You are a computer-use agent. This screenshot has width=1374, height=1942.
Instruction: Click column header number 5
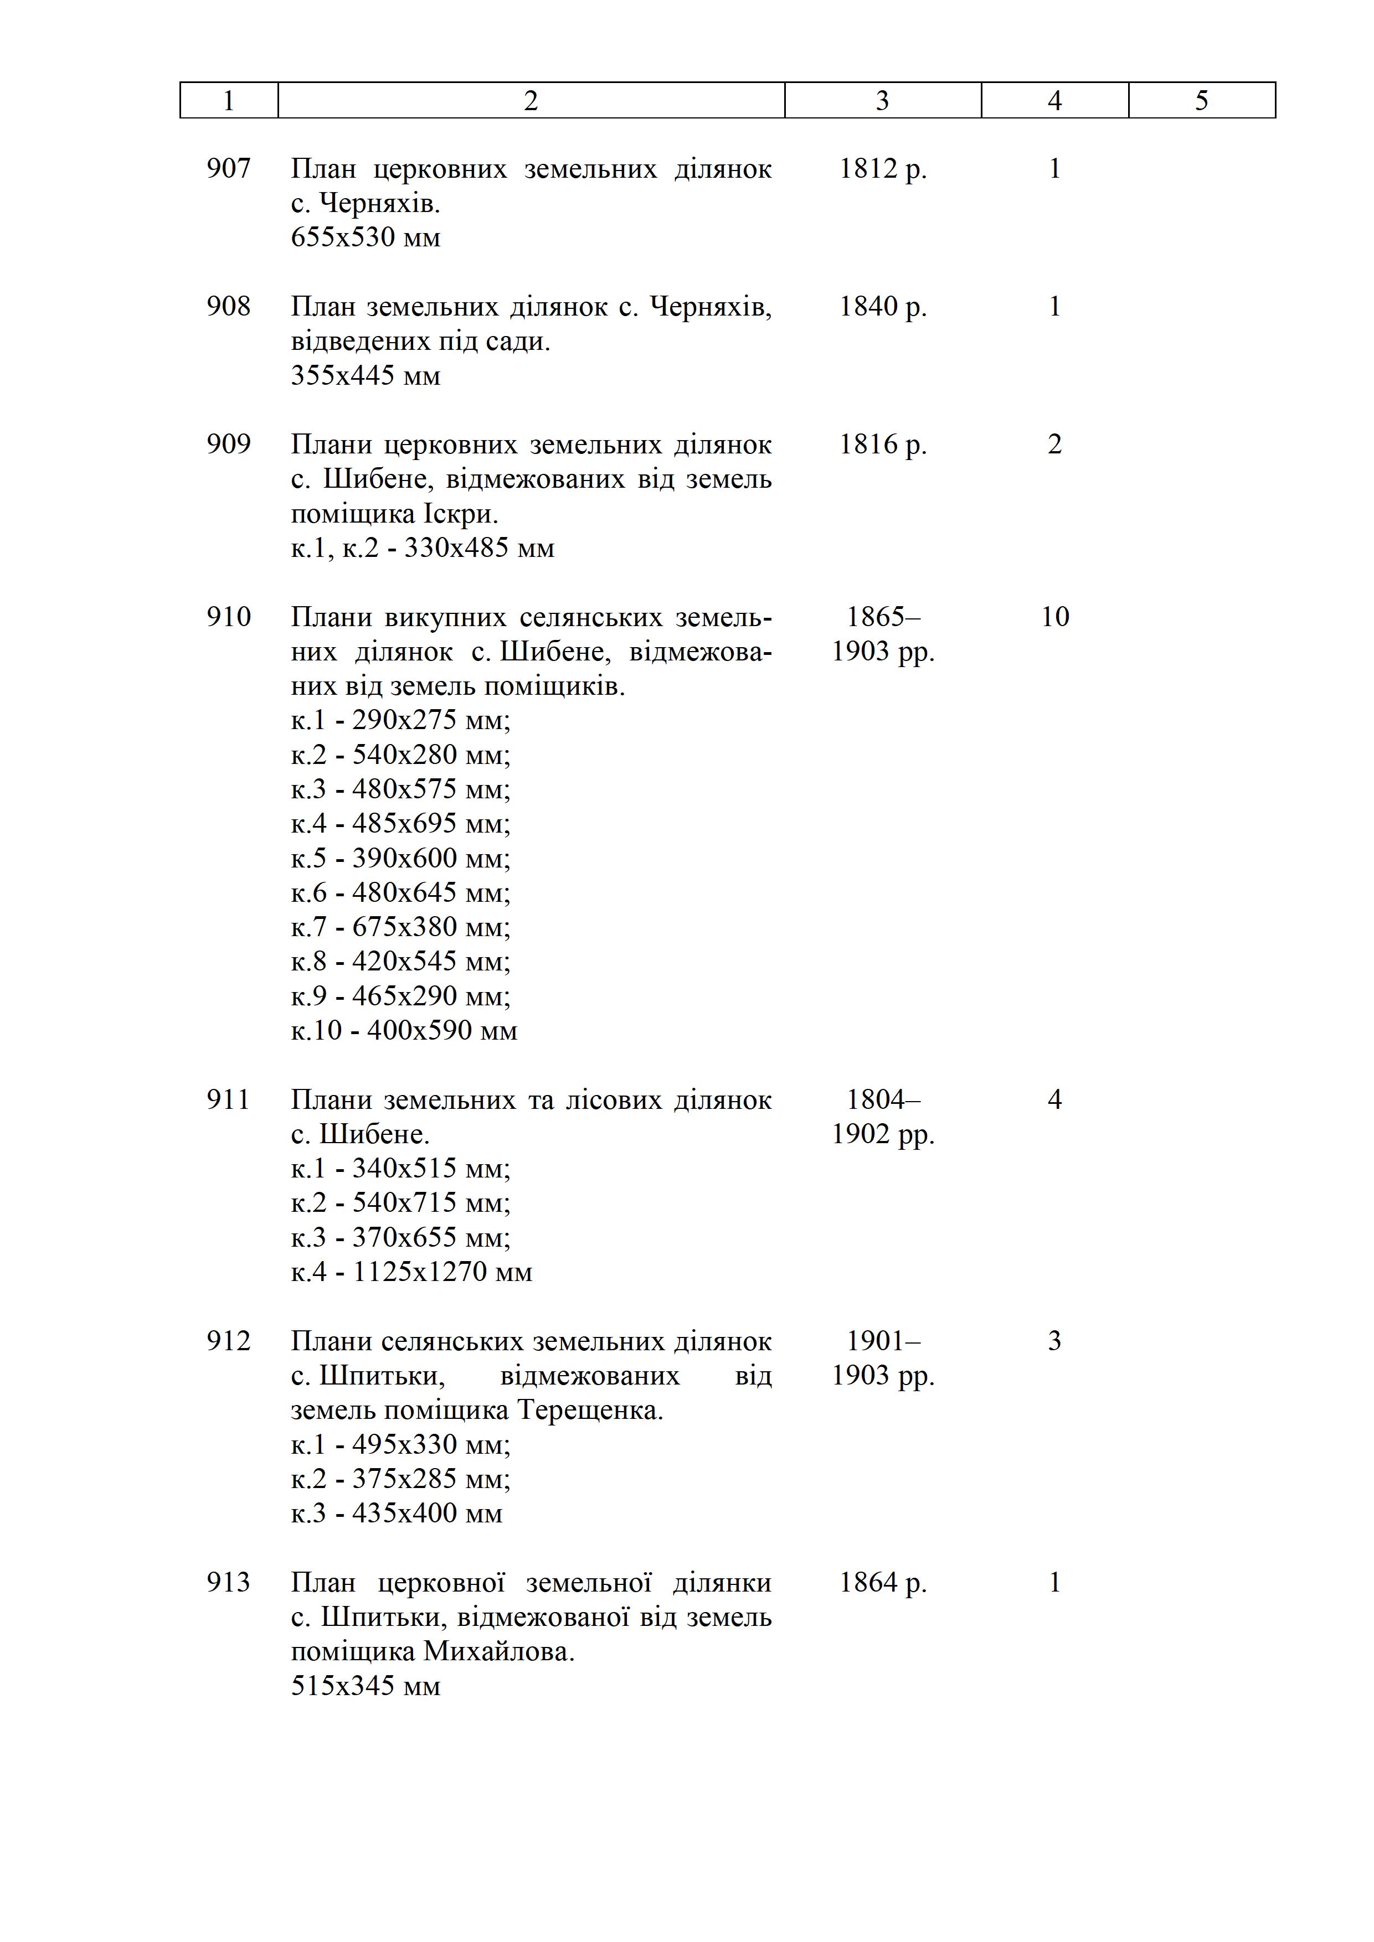(1201, 101)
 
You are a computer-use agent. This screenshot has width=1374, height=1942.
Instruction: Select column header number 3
(882, 101)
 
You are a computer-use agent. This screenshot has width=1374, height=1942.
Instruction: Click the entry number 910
(228, 617)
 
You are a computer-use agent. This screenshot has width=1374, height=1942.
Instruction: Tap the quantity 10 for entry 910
(1054, 617)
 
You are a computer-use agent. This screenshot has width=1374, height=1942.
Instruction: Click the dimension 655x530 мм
(366, 237)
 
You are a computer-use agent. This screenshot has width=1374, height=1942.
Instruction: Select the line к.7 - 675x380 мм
(400, 927)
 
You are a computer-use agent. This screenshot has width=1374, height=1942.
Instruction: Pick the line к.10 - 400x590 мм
(404, 1030)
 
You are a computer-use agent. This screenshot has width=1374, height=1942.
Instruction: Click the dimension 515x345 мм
(366, 1686)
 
